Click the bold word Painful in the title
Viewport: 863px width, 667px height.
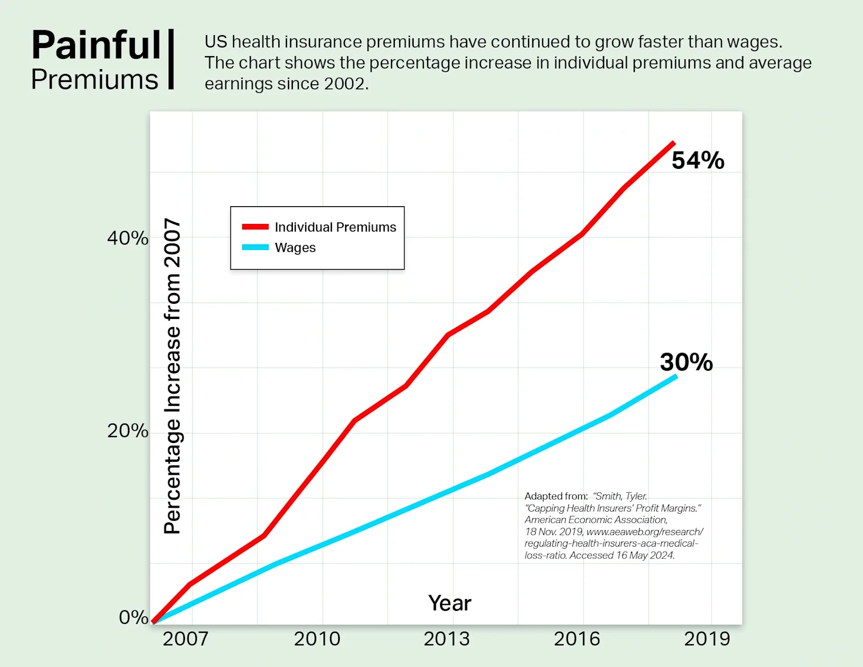point(96,45)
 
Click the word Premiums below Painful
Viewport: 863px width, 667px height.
point(95,80)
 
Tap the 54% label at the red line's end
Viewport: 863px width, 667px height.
point(697,160)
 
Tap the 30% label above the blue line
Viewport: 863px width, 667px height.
point(686,362)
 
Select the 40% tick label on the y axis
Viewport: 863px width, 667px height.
point(127,238)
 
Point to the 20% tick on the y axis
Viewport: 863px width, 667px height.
point(127,431)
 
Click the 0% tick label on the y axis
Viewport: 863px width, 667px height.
point(133,617)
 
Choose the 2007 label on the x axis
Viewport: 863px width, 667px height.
point(186,639)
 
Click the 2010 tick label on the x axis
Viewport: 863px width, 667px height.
point(317,639)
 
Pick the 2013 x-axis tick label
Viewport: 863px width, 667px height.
point(447,639)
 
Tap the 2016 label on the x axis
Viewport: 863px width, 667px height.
point(577,639)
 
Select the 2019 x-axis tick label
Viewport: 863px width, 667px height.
point(707,639)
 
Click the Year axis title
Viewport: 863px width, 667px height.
point(450,603)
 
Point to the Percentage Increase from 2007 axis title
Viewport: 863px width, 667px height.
point(172,376)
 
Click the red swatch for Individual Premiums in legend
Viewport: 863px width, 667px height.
point(255,227)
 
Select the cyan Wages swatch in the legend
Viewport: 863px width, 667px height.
point(255,247)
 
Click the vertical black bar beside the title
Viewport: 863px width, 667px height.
point(171,59)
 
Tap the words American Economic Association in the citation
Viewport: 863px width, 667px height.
point(596,520)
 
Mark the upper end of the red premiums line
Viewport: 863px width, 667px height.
point(673,143)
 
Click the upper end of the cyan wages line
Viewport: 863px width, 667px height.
point(675,376)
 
